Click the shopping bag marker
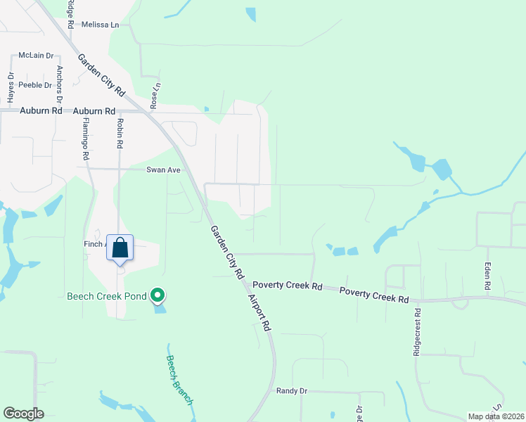120,248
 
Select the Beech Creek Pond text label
106,297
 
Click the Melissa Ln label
101,25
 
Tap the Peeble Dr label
36,85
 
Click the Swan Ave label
164,170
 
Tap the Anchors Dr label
60,83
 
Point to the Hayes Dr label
11,86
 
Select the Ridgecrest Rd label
417,331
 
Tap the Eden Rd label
487,276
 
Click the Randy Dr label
292,391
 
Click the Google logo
23,414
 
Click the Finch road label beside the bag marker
94,244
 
